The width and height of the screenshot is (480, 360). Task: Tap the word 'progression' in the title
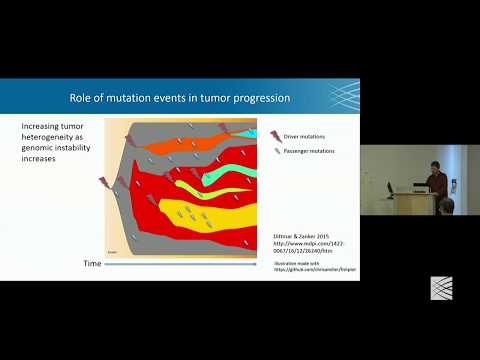click(x=256, y=98)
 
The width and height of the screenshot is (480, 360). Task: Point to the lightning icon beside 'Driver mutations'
click(x=276, y=134)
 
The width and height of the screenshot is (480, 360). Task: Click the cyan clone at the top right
click(x=247, y=132)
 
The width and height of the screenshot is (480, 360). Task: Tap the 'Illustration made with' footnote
click(x=301, y=264)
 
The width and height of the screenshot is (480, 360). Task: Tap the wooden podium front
click(x=413, y=204)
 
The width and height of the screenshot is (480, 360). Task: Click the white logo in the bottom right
click(x=441, y=287)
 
